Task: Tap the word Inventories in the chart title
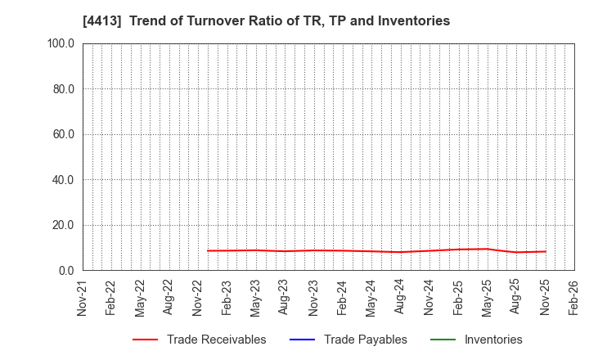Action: click(413, 21)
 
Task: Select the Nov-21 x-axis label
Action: click(83, 297)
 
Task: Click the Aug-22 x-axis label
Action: click(169, 297)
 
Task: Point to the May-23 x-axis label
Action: click(256, 297)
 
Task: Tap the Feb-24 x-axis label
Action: click(343, 297)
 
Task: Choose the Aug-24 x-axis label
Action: click(400, 297)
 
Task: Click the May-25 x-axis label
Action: click(488, 297)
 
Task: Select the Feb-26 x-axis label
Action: click(574, 297)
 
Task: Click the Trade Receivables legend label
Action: click(216, 340)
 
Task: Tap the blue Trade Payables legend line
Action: click(301, 340)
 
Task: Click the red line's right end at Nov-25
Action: click(546, 251)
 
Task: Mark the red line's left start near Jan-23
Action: click(208, 250)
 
